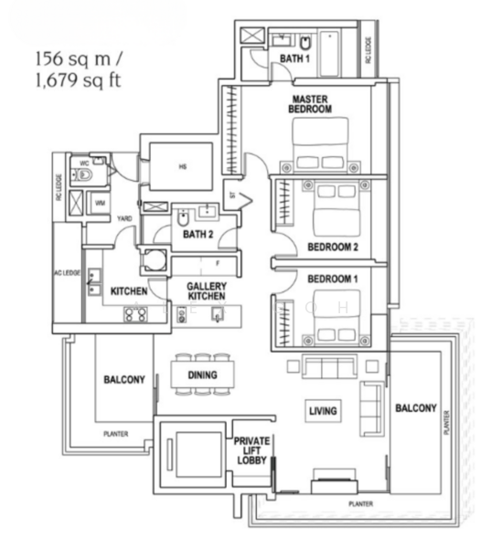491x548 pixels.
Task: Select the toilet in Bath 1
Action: tap(305, 43)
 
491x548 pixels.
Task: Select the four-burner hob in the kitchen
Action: tap(136, 314)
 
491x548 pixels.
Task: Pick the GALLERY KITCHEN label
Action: tap(207, 291)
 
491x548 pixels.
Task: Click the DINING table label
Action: tap(201, 374)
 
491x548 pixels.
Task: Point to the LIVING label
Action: tap(322, 411)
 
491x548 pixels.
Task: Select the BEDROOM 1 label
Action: tap(329, 278)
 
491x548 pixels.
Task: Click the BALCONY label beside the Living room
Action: tap(415, 407)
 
